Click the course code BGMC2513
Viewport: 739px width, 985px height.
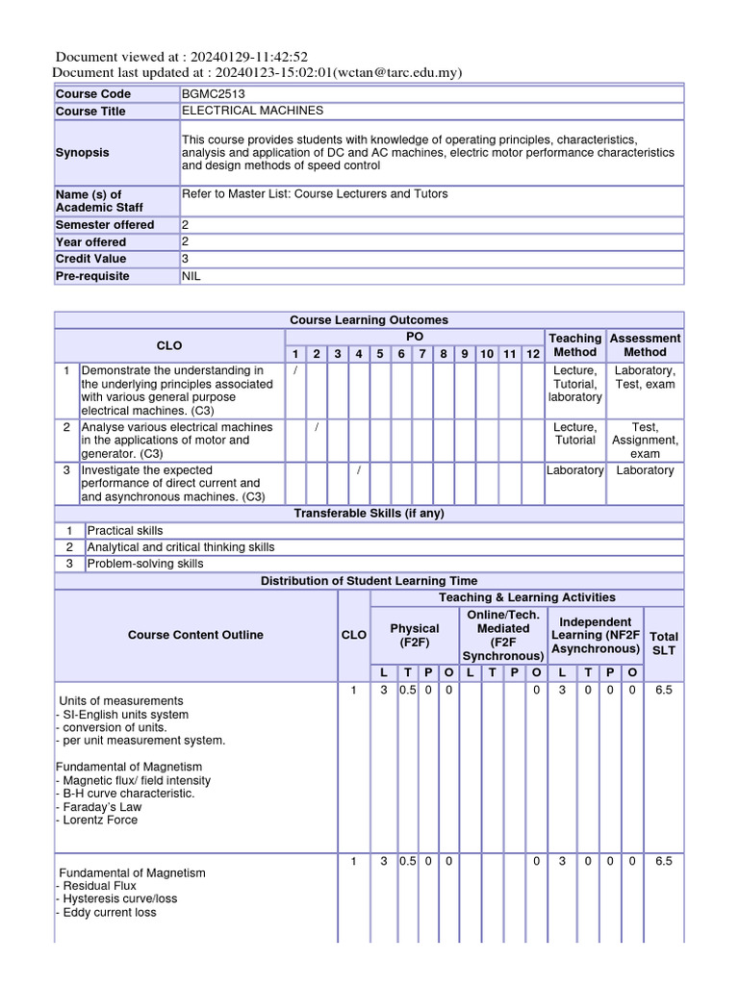tap(210, 94)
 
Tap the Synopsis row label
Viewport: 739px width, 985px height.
tap(83, 153)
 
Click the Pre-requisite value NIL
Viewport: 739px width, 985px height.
tap(191, 276)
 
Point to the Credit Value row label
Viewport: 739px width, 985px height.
tap(90, 259)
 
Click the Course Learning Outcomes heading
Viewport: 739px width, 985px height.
tap(369, 319)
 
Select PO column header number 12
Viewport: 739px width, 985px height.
tap(533, 354)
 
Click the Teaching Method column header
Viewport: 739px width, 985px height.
tap(574, 345)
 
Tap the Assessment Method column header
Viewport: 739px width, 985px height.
tap(645, 345)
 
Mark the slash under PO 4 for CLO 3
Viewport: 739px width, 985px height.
tap(358, 470)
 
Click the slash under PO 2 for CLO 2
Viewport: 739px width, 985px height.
tap(316, 427)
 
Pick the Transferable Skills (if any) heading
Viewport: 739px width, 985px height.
tap(369, 514)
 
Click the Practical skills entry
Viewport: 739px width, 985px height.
tap(125, 531)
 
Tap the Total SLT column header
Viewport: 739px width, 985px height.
tap(664, 643)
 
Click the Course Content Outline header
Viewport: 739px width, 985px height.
tap(195, 635)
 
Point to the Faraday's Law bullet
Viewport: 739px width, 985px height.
tap(99, 807)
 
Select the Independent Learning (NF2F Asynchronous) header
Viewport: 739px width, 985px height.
tap(596, 635)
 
